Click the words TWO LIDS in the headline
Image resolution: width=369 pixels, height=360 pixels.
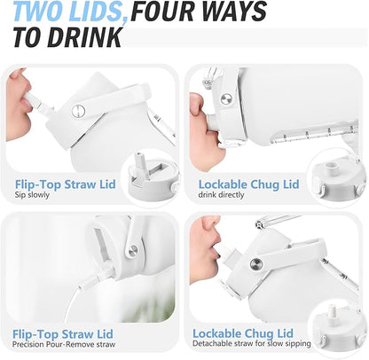click(x=71, y=11)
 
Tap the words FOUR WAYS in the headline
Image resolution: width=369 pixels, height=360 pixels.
click(x=199, y=11)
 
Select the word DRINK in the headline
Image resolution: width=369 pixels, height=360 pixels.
click(x=84, y=37)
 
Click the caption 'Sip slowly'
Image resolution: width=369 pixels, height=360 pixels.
click(x=32, y=195)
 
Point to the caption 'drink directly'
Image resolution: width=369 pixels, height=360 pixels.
click(x=221, y=195)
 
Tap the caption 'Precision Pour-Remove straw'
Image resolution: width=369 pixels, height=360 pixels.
click(x=64, y=345)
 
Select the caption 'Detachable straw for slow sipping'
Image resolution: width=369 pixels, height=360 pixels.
click(x=252, y=343)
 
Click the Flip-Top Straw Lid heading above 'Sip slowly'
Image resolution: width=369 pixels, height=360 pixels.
click(x=66, y=184)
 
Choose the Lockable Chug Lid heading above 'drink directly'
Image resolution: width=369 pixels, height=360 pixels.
click(x=248, y=184)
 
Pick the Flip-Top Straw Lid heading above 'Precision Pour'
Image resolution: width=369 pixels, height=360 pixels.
click(x=63, y=334)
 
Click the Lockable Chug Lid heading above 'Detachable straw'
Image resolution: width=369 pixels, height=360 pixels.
click(x=243, y=333)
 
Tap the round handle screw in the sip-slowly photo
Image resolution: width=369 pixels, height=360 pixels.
click(x=78, y=112)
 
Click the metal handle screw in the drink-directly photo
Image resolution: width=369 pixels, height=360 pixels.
click(x=226, y=98)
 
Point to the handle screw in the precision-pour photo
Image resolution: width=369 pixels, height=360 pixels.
click(x=134, y=250)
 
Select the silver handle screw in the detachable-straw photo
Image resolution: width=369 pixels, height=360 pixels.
click(x=256, y=263)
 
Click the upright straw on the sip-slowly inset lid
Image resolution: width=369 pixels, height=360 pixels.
click(x=139, y=161)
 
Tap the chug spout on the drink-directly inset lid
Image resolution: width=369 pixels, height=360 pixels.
click(x=331, y=168)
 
